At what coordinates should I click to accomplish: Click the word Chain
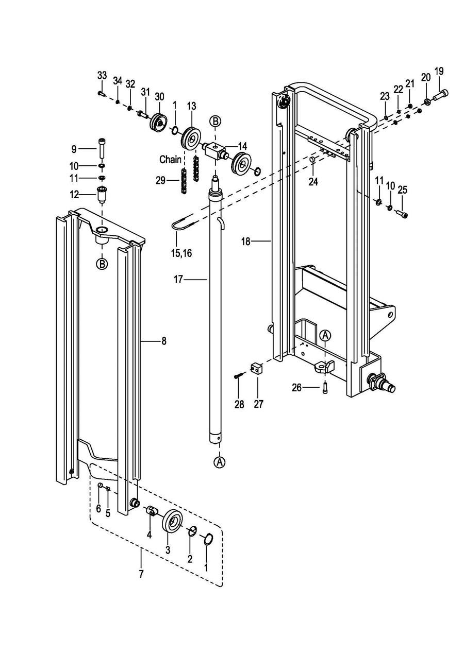(x=170, y=160)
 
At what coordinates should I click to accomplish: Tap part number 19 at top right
(x=439, y=71)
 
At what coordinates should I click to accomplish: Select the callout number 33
(x=102, y=75)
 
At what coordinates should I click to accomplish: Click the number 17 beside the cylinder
(x=178, y=280)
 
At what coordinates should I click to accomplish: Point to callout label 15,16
(x=181, y=253)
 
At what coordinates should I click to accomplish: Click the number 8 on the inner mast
(x=163, y=341)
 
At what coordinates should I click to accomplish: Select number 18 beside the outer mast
(x=246, y=242)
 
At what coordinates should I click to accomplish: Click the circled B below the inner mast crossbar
(x=102, y=264)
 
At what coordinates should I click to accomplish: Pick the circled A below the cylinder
(x=220, y=462)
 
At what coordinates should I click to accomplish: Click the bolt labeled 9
(x=102, y=148)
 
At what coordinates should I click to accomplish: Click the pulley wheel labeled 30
(x=159, y=122)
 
